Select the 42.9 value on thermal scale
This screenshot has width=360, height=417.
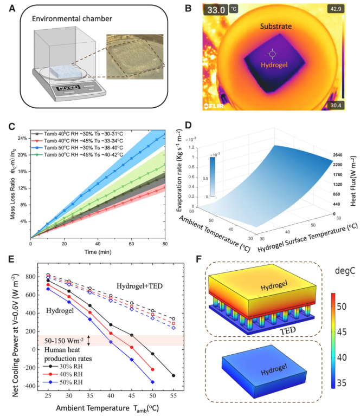336,9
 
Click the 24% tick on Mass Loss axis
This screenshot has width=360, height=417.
24,138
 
